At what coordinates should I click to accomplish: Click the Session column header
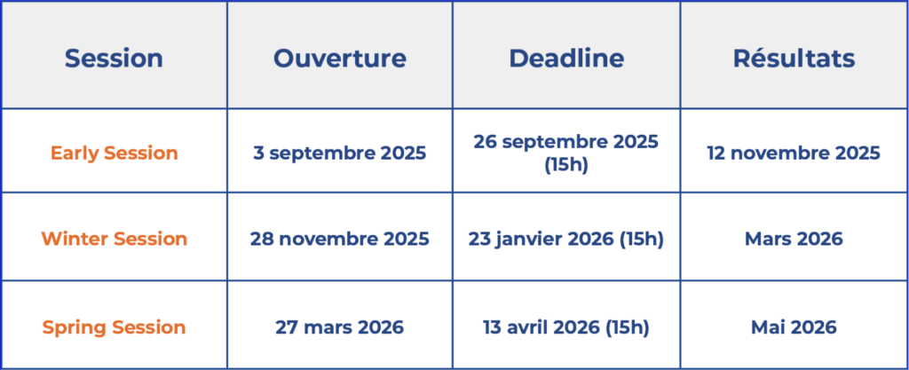(114, 59)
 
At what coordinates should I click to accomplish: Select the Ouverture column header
(339, 59)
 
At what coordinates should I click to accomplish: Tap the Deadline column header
(566, 59)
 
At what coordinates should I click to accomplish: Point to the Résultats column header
(794, 59)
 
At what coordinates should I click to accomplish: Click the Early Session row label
(114, 153)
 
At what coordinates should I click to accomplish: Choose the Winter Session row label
(114, 239)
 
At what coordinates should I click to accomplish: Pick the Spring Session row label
(114, 327)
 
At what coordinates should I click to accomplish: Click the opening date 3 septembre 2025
(339, 153)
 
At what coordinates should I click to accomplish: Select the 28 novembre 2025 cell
(339, 239)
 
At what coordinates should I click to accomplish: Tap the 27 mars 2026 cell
(339, 327)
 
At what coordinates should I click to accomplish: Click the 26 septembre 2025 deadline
(566, 142)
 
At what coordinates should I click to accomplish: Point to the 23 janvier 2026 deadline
(566, 239)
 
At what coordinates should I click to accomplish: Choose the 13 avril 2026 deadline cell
(566, 327)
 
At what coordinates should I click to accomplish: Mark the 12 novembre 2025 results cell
(794, 153)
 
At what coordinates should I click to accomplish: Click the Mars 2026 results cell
(794, 239)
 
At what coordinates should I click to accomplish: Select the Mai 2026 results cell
(794, 327)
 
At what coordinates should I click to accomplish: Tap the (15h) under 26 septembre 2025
(566, 164)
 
